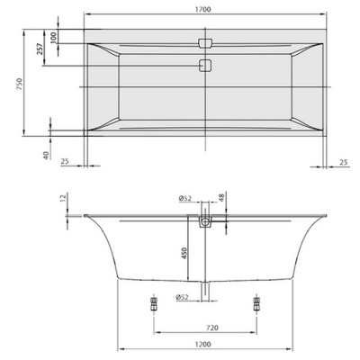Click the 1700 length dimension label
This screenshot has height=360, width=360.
pyautogui.click(x=204, y=9)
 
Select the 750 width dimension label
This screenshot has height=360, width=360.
pyautogui.click(x=20, y=85)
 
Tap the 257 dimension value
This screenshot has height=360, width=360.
pyautogui.click(x=40, y=49)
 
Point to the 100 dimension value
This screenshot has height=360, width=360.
pyautogui.click(x=53, y=38)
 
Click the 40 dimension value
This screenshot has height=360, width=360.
pyautogui.click(x=46, y=155)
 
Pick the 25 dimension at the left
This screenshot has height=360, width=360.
pyautogui.click(x=65, y=161)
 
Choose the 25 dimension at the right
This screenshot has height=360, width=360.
pyautogui.click(x=344, y=162)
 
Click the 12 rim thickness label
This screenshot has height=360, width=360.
pyautogui.click(x=63, y=198)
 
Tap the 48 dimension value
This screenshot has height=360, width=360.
pyautogui.click(x=221, y=198)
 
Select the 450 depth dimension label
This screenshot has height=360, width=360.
pyautogui.click(x=184, y=253)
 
